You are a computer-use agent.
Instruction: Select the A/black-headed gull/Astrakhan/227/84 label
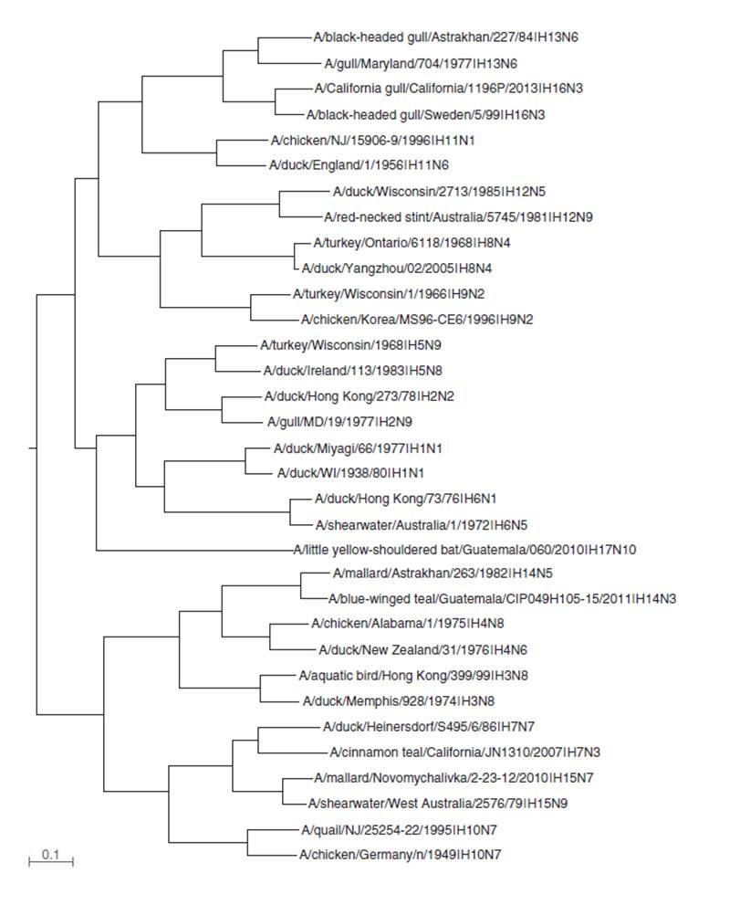point(445,38)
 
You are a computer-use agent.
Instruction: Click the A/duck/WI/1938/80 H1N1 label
point(349,474)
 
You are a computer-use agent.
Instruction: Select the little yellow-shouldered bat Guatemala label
point(464,550)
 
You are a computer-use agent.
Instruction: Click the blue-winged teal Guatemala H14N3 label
point(502,599)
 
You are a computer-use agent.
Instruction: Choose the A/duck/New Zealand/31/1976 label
point(422,650)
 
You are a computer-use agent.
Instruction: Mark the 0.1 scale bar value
point(50,854)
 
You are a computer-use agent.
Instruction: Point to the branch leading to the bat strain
point(192,550)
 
